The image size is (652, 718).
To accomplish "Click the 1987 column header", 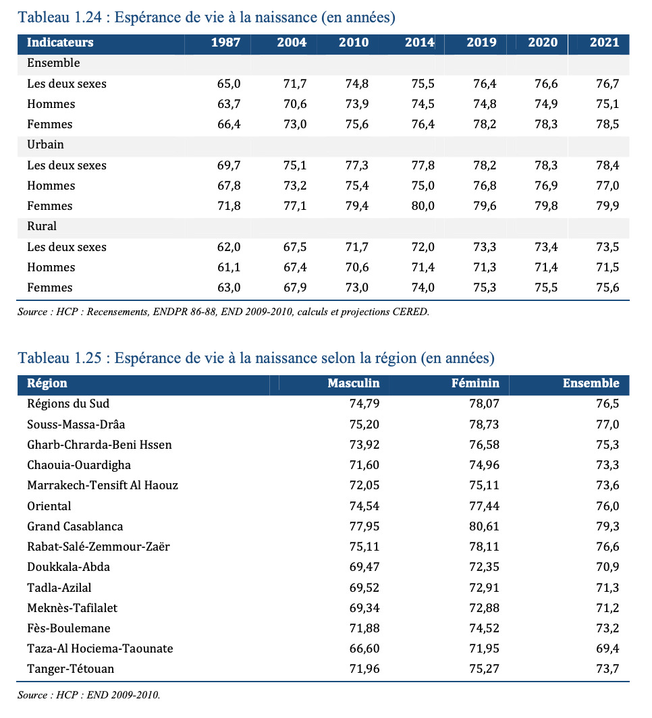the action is click(225, 43).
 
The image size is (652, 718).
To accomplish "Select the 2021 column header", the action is click(604, 43).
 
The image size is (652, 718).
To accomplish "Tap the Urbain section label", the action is click(45, 144).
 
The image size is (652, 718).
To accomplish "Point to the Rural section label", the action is click(42, 226).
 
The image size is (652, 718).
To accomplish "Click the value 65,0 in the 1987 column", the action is click(229, 84).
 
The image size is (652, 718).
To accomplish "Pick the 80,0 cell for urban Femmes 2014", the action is click(423, 206).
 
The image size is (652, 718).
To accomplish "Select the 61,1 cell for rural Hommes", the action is click(229, 267).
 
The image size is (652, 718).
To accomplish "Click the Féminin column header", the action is click(475, 383).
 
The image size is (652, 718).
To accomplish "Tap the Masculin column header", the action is click(354, 383).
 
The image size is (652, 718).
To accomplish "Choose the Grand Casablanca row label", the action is click(75, 526).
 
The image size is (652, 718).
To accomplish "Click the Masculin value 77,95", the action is click(364, 526).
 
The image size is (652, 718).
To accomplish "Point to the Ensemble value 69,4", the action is click(607, 649).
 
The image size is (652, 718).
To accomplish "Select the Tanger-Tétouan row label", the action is click(70, 669).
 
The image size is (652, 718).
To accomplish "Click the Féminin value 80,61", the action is click(484, 526).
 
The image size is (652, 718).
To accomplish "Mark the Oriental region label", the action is click(49, 506).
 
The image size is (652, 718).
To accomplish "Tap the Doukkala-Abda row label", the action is click(69, 568).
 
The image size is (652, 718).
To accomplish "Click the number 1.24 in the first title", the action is click(87, 18).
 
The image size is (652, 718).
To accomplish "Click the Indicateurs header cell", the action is click(60, 43).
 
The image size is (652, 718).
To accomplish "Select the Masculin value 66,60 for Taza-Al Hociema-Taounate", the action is click(364, 649).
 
